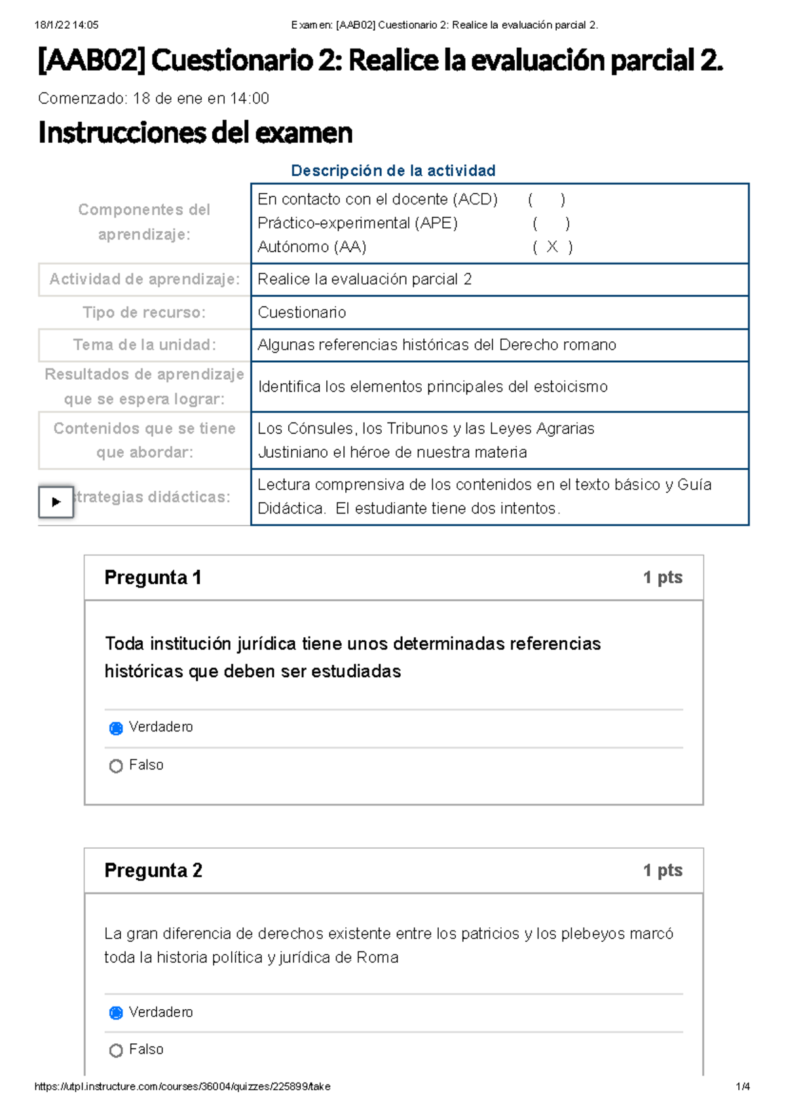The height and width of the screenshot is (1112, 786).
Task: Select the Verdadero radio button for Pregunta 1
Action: click(x=116, y=728)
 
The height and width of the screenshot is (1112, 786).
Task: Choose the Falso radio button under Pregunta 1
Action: click(x=116, y=766)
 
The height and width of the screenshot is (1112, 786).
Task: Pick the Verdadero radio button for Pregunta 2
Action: click(x=116, y=1013)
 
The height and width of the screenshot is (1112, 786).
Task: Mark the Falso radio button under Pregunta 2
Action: click(x=116, y=1050)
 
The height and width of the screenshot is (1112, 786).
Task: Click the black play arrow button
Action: click(x=56, y=502)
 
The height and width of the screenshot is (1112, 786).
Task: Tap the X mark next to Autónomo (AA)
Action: click(x=552, y=246)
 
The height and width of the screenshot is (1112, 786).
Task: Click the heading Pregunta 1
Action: click(x=153, y=578)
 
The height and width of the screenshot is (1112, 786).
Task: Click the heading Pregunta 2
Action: click(x=153, y=870)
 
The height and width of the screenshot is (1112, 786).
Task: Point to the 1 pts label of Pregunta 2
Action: click(x=662, y=870)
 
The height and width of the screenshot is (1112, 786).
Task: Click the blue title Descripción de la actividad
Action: click(x=393, y=171)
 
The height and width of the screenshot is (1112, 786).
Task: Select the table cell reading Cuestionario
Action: click(x=302, y=312)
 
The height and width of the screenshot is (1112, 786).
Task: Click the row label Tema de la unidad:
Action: click(x=144, y=344)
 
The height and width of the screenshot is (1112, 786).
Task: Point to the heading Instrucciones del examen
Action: click(x=195, y=133)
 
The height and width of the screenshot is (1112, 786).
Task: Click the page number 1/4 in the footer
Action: click(x=743, y=1086)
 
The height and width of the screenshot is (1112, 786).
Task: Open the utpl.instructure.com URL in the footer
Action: click(x=182, y=1086)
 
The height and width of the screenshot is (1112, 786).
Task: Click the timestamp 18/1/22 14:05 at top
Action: click(x=66, y=25)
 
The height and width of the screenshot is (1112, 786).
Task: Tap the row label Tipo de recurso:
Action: click(x=144, y=312)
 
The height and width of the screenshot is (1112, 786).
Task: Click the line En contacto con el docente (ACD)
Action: click(x=377, y=199)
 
